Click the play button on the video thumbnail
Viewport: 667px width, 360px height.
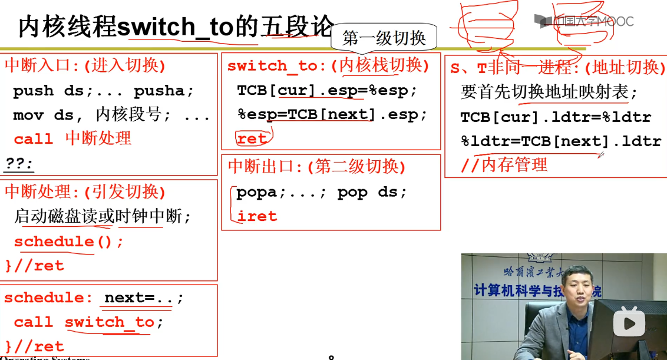pos(629,323)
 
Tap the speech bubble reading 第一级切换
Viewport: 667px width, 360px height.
pos(384,38)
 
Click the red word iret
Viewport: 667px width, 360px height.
pos(257,216)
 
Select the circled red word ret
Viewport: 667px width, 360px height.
pos(252,138)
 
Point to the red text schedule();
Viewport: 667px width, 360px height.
pos(69,242)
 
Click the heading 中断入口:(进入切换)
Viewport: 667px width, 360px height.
pos(85,65)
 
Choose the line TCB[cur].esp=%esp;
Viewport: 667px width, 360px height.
pos(327,91)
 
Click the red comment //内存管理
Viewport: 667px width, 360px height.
pos(504,165)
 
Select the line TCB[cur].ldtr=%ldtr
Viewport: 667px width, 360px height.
pos(556,117)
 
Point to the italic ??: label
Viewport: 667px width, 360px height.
pos(19,163)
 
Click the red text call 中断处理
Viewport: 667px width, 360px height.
pos(72,138)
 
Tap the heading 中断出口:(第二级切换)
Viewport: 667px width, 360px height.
pos(317,167)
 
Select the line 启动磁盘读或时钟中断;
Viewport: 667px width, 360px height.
pos(103,217)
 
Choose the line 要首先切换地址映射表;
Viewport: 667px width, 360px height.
pos(549,93)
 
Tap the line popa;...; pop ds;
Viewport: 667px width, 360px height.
pos(322,193)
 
